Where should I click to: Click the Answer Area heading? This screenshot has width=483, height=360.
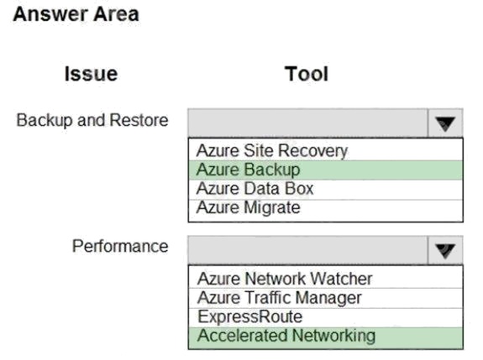76,14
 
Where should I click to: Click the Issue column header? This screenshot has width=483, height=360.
92,74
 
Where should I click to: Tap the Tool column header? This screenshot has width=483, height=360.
307,74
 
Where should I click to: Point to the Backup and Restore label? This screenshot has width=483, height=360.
92,120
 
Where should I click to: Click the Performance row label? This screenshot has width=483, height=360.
120,246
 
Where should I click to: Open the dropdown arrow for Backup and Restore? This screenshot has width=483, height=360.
445,123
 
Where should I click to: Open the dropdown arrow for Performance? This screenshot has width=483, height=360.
445,250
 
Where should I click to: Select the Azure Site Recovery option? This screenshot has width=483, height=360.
272,151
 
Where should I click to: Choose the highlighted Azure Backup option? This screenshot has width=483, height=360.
248,170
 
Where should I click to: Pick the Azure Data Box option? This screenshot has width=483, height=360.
255,189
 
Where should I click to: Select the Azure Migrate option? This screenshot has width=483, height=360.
249,208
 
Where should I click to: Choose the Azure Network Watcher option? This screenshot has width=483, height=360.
285,279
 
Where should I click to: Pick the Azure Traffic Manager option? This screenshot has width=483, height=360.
280,298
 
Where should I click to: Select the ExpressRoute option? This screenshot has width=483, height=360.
249,317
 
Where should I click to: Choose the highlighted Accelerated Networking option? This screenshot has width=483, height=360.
286,336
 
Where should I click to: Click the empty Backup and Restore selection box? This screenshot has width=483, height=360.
307,123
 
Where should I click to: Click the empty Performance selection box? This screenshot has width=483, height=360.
307,250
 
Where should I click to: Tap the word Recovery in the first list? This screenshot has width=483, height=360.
313,151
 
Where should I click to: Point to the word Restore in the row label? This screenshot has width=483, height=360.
139,120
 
